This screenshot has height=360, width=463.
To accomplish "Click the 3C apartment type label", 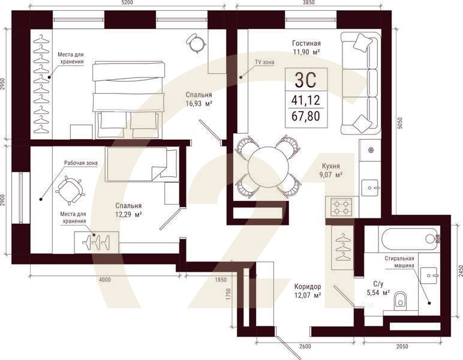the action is tap(306, 79).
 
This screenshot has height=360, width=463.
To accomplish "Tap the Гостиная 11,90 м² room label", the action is tap(306, 47).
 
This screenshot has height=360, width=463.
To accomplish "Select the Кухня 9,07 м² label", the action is tap(330, 170).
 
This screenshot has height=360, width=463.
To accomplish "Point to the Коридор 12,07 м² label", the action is tap(308, 290).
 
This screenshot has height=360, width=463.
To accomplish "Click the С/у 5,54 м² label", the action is tap(378, 289).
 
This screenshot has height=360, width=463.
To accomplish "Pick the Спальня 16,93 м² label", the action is tap(199, 99).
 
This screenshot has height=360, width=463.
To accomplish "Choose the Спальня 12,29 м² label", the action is tap(128, 209).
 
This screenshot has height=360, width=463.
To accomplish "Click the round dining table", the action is tap(268, 167).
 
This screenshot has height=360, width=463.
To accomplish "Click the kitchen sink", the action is tap(369, 187).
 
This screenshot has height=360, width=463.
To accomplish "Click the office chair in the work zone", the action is tap(69, 190).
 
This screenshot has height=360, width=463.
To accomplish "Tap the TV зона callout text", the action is tap(264, 62).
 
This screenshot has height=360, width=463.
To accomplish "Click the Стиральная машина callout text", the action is tap(401, 262).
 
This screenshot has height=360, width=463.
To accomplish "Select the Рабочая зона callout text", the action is tap(80, 163).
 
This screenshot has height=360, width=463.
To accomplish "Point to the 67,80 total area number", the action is tap(306, 116).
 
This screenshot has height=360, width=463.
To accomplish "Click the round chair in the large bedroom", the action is tap(196, 43).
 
